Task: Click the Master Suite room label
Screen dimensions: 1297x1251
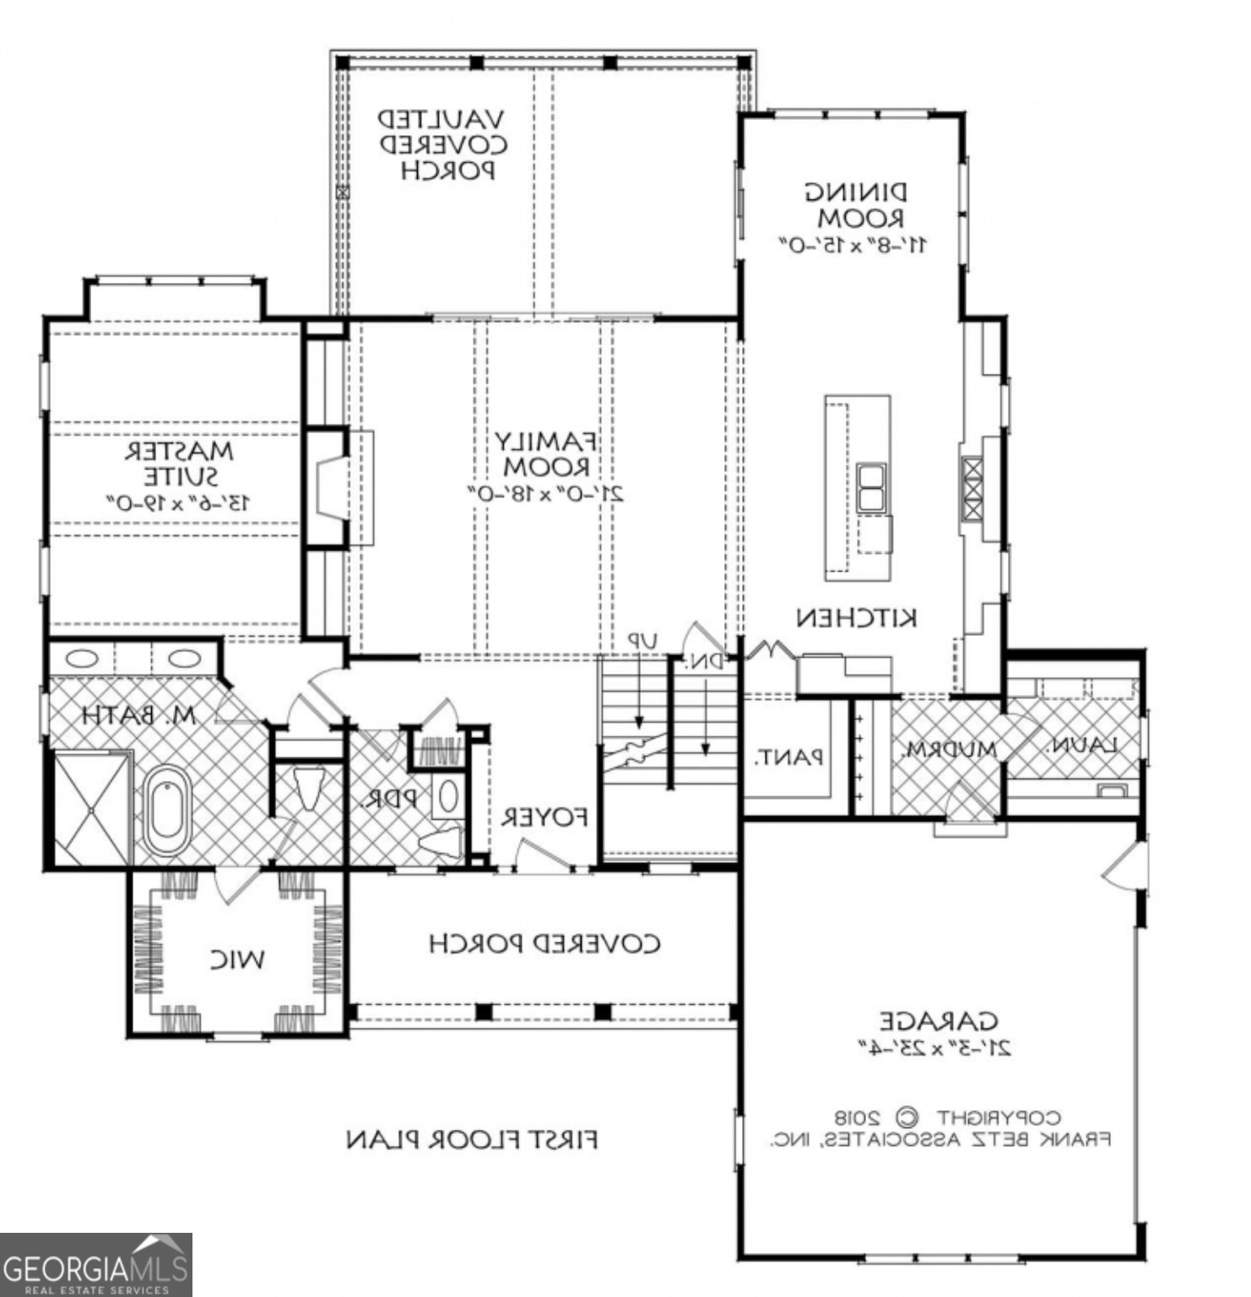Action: click(179, 464)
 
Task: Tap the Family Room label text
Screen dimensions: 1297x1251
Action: click(546, 453)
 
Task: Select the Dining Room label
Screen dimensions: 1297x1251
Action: click(854, 205)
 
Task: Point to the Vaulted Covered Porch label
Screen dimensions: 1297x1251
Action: click(441, 144)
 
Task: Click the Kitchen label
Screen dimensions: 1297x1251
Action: click(856, 618)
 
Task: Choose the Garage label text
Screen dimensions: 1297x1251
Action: click(938, 1022)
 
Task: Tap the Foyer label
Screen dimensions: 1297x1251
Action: click(544, 817)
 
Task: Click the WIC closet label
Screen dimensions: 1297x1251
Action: click(237, 959)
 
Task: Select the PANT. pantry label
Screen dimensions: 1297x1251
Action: click(788, 757)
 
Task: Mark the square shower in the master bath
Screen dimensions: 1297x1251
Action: click(90, 809)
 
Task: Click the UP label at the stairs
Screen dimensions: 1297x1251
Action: click(642, 642)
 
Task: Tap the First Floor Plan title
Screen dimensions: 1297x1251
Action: click(472, 1140)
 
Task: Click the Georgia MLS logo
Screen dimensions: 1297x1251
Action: click(95, 1264)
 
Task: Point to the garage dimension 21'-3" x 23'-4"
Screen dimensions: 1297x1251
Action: click(935, 1048)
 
